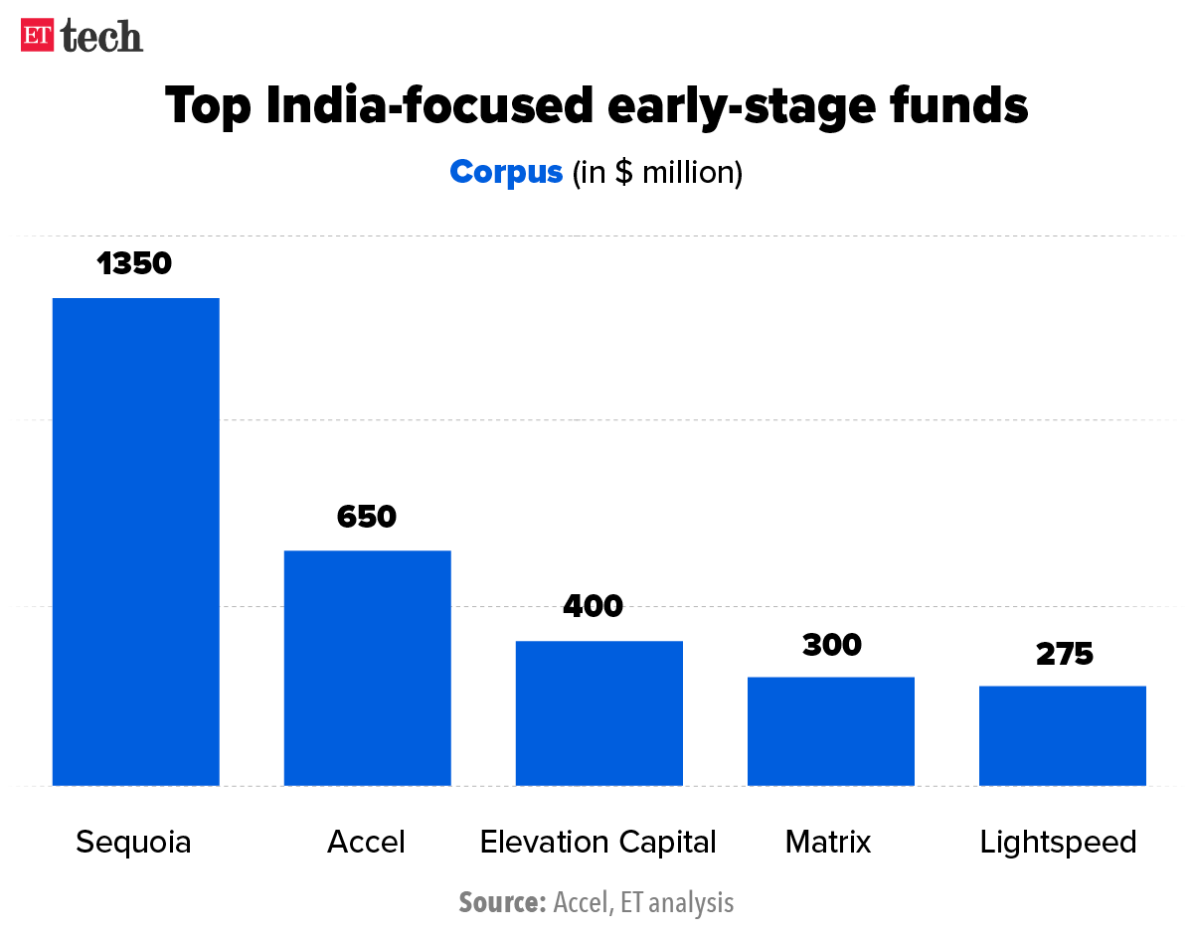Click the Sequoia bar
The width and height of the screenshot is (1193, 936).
click(135, 542)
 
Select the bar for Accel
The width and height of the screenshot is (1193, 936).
click(368, 668)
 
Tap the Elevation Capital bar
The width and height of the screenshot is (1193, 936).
click(598, 713)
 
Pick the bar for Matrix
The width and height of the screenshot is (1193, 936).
click(830, 731)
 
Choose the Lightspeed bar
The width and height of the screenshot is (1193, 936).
click(1062, 735)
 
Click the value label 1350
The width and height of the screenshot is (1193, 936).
click(135, 263)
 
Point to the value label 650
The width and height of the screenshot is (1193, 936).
click(367, 517)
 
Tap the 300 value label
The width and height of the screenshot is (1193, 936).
click(831, 645)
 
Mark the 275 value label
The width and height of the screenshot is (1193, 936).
click(1064, 654)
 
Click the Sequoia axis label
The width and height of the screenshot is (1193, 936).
click(133, 843)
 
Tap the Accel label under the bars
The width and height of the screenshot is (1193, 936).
click(366, 843)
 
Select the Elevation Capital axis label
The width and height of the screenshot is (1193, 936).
click(597, 843)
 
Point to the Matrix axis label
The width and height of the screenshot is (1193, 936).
click(828, 843)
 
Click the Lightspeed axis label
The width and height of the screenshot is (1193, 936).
click(1058, 843)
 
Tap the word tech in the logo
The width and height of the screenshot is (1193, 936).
click(101, 37)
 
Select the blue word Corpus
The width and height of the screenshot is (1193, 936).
click(506, 172)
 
